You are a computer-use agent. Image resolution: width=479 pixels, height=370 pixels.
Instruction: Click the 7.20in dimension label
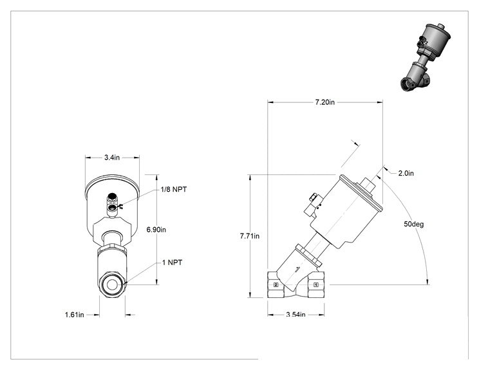pos(324,102)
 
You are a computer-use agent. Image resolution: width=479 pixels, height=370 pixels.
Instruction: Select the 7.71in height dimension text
pos(250,236)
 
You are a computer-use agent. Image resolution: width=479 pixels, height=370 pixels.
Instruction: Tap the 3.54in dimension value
pos(296,315)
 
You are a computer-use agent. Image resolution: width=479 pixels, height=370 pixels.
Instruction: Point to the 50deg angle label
pos(413,224)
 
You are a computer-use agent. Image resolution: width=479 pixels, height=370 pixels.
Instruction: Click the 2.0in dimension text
pos(406,173)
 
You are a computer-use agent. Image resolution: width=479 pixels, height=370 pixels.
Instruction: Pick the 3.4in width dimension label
pos(112,158)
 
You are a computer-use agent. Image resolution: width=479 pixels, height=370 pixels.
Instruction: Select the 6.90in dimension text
pos(156,230)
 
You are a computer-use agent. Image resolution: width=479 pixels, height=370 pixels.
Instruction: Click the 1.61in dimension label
pos(74,315)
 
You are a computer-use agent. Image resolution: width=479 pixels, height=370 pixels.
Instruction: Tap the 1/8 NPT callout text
pos(174,189)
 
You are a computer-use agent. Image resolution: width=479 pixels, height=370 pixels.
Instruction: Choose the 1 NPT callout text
pos(172,263)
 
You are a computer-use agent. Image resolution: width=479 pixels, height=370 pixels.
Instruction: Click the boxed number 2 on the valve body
pos(276,285)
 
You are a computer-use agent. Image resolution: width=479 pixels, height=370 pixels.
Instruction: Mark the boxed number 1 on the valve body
pos(316,285)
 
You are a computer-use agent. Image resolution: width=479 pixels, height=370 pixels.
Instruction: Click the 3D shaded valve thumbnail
pos(426,57)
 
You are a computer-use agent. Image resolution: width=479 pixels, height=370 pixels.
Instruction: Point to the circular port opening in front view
pos(112,285)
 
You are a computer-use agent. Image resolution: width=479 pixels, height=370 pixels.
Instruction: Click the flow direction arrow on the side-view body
pos(297,269)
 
